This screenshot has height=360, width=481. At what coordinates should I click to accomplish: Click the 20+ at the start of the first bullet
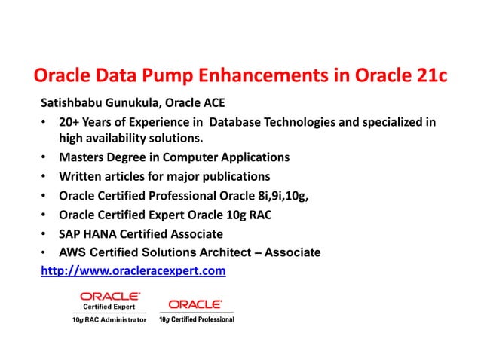click(72, 121)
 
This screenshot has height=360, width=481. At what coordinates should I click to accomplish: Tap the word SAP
click(71, 233)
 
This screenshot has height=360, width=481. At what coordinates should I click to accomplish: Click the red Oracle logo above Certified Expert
click(109, 297)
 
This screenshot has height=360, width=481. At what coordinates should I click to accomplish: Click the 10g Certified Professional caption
click(196, 320)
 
